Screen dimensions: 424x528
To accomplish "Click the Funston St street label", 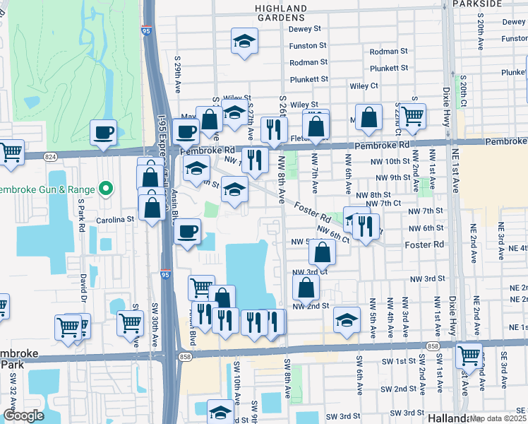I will [x=307, y=45].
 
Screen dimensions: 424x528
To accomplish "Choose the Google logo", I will [x=23, y=415].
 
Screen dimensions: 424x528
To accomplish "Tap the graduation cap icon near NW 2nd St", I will [x=347, y=319].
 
